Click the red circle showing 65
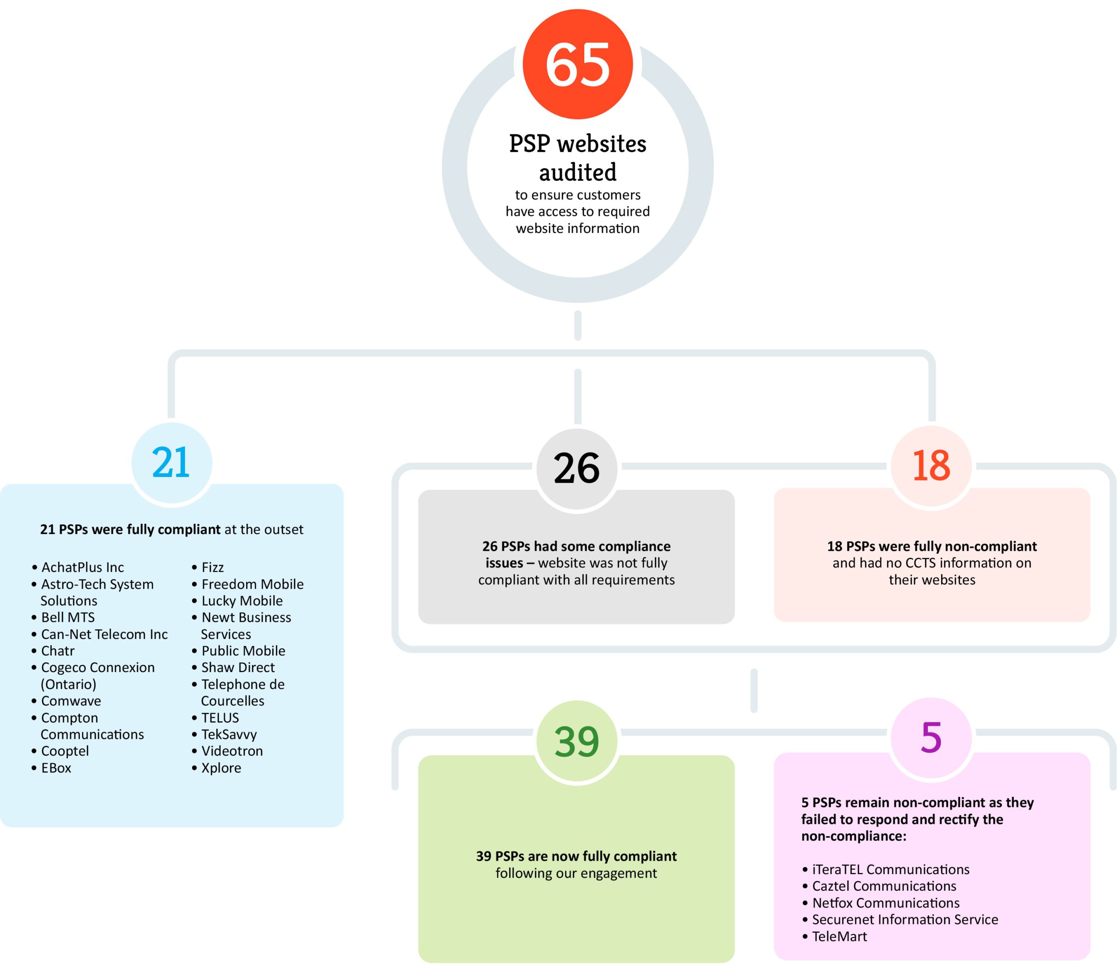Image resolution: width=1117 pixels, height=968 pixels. click(x=577, y=64)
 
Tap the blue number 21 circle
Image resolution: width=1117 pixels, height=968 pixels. click(x=172, y=463)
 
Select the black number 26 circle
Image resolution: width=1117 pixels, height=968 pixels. click(x=577, y=468)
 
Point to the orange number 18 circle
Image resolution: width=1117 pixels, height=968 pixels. click(x=931, y=465)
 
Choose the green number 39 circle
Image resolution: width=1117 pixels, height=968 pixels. click(x=577, y=741)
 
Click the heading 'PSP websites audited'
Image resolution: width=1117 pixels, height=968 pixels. click(x=577, y=158)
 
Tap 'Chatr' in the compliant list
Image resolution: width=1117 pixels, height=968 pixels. click(x=58, y=650)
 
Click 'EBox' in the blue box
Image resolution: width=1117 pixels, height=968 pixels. click(x=56, y=768)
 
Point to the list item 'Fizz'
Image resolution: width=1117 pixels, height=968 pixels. click(x=212, y=567)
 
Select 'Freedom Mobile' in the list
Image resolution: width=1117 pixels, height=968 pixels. click(x=252, y=584)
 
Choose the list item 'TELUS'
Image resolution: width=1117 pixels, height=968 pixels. click(x=220, y=717)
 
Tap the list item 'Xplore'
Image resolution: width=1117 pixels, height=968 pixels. click(x=221, y=768)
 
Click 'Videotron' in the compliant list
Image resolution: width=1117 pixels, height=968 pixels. click(x=232, y=751)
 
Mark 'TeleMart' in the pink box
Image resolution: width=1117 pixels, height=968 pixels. click(x=839, y=936)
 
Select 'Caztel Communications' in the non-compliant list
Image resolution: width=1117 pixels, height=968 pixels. click(x=884, y=886)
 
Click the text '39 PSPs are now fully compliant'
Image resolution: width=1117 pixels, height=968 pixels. click(x=576, y=856)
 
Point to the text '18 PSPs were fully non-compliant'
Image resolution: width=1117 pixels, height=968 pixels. click(x=932, y=546)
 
